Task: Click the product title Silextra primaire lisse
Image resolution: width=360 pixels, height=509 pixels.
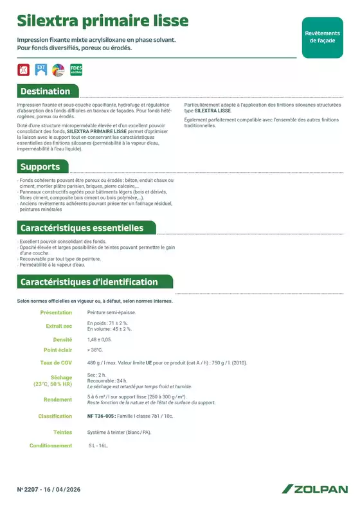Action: coord(103,21)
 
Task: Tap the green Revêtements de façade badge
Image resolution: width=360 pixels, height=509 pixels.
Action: coord(322,37)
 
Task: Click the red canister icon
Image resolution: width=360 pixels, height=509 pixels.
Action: coord(24,69)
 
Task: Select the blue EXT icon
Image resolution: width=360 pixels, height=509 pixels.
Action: coord(40,69)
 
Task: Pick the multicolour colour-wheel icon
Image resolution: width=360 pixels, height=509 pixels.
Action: coord(57,69)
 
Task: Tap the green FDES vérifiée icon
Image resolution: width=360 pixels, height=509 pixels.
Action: coord(76,69)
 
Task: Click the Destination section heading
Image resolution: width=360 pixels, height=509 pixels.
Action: coord(45,91)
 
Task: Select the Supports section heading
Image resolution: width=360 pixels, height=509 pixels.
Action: coord(40,167)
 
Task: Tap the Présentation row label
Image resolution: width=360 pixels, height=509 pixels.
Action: coord(56,312)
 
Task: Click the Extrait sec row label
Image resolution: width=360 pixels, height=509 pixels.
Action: coord(59,326)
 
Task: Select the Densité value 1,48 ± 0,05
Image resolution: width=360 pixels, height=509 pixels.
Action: coord(100,339)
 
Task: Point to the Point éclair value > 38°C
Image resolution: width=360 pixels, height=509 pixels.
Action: coord(95,350)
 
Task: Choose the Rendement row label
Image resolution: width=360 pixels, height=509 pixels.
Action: coord(58,400)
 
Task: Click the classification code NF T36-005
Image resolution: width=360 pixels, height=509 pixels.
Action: coord(102,416)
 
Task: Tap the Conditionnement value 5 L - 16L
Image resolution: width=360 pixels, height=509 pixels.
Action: coord(98,445)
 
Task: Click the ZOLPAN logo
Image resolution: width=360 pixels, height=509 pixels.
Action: coord(314,489)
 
